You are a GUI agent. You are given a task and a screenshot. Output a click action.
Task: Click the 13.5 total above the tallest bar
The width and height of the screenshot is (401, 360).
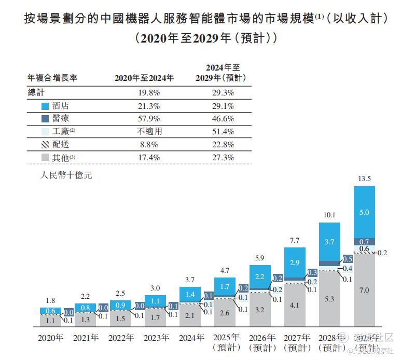365,179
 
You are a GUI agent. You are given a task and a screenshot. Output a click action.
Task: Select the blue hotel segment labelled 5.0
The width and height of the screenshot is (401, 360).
365,212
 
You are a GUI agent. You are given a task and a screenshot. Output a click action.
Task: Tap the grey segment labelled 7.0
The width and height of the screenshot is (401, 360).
365,290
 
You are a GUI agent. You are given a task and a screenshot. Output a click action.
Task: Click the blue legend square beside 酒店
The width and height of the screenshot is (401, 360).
46,106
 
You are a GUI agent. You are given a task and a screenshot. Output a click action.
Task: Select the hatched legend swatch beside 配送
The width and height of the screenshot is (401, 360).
46,145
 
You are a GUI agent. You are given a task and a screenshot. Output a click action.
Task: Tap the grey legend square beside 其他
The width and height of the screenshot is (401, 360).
46,157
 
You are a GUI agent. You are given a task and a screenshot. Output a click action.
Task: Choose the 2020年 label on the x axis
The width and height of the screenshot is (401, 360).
51,338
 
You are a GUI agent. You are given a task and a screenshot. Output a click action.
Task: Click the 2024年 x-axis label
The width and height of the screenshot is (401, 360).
190,338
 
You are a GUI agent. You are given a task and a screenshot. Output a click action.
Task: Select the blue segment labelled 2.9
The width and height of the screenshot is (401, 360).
295,263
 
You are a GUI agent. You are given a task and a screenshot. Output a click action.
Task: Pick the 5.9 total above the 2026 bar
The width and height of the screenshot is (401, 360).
260,258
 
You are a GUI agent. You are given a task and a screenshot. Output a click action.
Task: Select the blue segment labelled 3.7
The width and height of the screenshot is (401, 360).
330,242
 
